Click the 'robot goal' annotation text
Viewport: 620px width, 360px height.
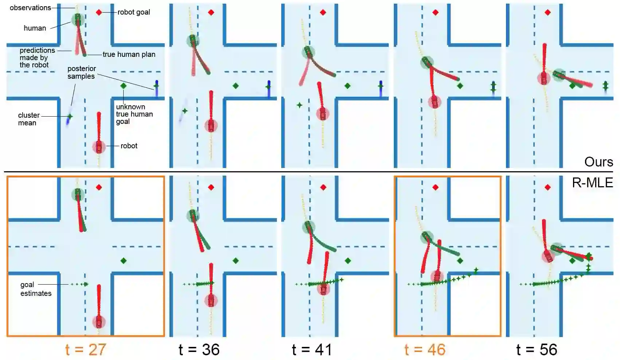134,12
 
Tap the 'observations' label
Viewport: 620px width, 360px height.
30,8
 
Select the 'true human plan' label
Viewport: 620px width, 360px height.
129,54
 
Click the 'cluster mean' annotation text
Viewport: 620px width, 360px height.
28,119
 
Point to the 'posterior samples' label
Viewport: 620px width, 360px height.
81,72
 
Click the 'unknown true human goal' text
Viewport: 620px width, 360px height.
134,114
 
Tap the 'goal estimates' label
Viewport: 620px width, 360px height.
35,289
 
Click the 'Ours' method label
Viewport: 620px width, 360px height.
598,162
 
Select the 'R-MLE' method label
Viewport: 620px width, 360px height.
592,183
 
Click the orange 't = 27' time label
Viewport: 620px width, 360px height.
86,349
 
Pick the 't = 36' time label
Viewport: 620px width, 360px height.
199,349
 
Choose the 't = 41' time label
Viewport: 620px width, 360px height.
312,349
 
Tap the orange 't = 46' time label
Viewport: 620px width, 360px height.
425,349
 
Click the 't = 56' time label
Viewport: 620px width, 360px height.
537,349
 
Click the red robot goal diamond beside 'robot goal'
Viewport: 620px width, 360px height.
99,12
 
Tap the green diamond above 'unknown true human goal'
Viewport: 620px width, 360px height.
123,86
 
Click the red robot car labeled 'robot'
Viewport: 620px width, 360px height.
99,147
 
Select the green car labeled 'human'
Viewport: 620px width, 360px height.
78,19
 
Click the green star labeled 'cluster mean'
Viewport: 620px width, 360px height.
70,117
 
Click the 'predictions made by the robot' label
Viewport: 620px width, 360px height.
37,58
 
